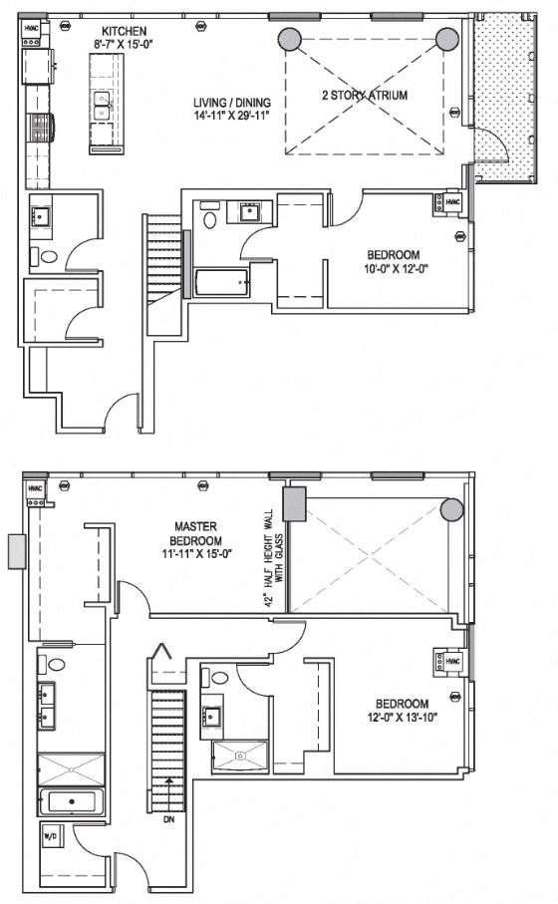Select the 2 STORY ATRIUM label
pyautogui.click(x=365, y=96)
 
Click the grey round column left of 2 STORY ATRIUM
pyautogui.click(x=289, y=40)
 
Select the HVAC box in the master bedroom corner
pyautogui.click(x=35, y=489)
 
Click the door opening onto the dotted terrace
pyautogui.click(x=495, y=151)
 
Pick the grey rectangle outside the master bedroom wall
pyautogui.click(x=16, y=550)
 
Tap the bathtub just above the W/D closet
pyautogui.click(x=70, y=801)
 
